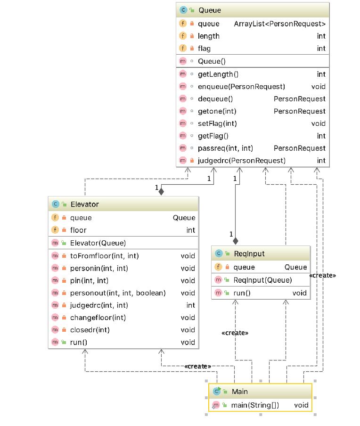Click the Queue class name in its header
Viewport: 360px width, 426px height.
point(210,10)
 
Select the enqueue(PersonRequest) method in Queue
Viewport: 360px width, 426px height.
point(241,86)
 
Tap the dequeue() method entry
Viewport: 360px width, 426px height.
point(215,99)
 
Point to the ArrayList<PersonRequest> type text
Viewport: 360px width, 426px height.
point(279,24)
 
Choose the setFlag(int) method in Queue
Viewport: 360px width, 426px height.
point(217,123)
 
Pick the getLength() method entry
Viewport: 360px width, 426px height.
point(218,74)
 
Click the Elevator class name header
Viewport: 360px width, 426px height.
point(84,204)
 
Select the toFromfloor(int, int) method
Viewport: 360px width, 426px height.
point(104,256)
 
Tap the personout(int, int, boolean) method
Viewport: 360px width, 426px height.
point(118,293)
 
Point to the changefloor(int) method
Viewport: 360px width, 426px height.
point(98,318)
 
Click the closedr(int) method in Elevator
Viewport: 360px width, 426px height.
point(90,330)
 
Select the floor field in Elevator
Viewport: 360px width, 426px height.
point(78,230)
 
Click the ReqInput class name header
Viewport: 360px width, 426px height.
point(249,254)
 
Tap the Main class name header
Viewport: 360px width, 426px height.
point(239,391)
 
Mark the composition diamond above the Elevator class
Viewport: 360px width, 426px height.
point(161,191)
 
